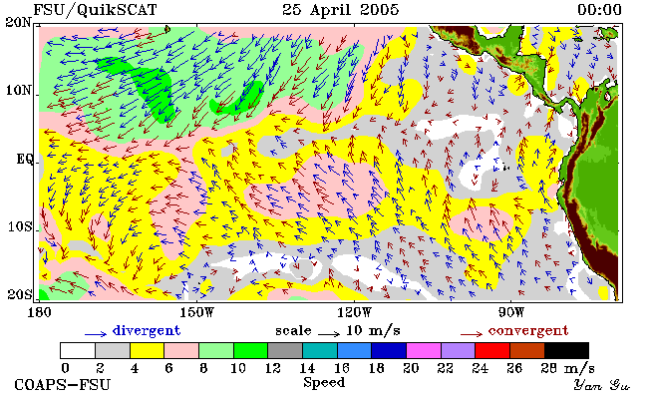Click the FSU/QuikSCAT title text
tap(95, 10)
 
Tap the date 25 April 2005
tap(341, 10)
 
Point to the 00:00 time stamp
tap(599, 10)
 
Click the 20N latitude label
tap(19, 22)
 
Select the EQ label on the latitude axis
tap(25, 160)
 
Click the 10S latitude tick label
tap(20, 226)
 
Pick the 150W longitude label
tap(197, 312)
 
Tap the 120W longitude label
tap(355, 312)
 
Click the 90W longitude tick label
tap(511, 312)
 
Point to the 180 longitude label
tap(40, 312)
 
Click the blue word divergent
tap(147, 330)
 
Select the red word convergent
tap(528, 331)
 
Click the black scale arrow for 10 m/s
tap(329, 333)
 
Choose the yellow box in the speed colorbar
tap(148, 350)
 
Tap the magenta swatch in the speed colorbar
tap(424, 350)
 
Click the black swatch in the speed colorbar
tap(566, 350)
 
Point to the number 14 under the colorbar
tap(307, 367)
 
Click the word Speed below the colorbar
tap(324, 382)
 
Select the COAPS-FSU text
tap(63, 384)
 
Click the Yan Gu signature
tap(601, 385)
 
